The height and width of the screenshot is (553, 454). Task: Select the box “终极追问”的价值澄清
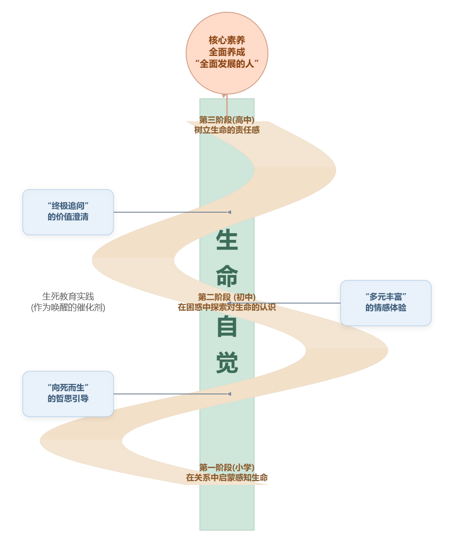tap(68, 212)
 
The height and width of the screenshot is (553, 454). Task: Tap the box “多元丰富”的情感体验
tap(385, 303)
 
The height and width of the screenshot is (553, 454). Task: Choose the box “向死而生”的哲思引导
tap(68, 394)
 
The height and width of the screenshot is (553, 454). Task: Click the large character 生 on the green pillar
tap(227, 240)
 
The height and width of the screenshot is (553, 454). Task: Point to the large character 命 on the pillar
tap(227, 275)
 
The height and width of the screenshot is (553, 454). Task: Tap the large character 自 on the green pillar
tap(227, 326)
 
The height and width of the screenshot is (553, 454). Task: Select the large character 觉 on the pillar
tap(227, 362)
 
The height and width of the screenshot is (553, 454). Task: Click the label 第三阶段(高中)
tap(227, 120)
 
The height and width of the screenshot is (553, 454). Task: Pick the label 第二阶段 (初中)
tap(227, 297)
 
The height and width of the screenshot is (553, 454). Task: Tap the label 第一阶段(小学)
tap(227, 468)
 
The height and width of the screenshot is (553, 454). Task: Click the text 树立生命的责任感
tap(227, 130)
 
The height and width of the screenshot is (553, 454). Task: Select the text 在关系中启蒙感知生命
tap(227, 478)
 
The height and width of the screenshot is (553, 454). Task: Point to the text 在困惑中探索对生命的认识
tap(227, 307)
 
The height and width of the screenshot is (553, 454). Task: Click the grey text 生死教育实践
tap(68, 296)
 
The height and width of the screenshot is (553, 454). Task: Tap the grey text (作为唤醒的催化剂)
tap(68, 307)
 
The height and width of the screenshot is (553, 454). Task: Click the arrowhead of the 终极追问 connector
tap(229, 212)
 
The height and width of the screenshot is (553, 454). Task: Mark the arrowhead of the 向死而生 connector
tap(229, 394)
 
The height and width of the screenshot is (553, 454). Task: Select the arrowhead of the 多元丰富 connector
tap(229, 303)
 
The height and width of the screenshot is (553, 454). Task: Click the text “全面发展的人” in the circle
tap(227, 64)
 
